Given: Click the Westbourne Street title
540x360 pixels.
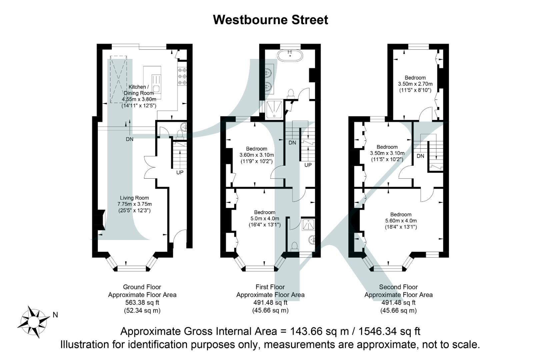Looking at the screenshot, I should [270, 20].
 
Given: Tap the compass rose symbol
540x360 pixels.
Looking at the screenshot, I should [33, 322].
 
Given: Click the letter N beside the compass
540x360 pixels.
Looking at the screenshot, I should [55, 315].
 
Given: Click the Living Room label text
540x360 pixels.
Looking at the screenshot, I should [134, 198].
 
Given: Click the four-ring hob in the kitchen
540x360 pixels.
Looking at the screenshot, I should [182, 76].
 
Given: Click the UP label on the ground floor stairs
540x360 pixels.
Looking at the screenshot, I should [180, 172].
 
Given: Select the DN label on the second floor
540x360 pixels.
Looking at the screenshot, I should [420, 156].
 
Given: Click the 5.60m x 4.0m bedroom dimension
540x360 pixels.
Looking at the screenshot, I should [401, 221].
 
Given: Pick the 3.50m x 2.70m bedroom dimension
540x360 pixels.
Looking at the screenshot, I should [415, 84].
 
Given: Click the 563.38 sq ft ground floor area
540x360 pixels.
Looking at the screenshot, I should [142, 303].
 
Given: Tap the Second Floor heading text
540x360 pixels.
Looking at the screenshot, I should [398, 287].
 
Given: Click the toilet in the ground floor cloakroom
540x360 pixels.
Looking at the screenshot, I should [180, 134].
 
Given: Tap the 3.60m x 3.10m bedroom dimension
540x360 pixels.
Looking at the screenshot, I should [257, 155].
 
